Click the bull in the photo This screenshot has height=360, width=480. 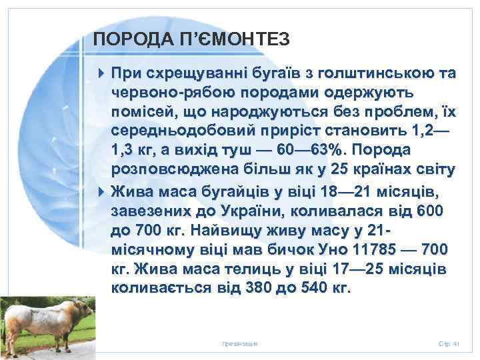[43, 321]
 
